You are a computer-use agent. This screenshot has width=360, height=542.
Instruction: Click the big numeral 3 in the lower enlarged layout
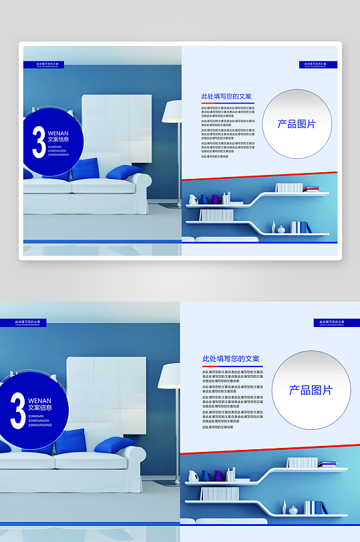click(17, 410)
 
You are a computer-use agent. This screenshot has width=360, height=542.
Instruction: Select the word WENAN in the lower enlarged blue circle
click(39, 400)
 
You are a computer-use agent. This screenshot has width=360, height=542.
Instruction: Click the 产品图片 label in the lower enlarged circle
click(311, 390)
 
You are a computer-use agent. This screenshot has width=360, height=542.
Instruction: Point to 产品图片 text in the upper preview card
click(297, 124)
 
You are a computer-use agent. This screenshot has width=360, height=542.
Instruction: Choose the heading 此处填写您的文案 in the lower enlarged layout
click(231, 359)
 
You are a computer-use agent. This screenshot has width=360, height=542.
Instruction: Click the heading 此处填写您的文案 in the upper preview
click(226, 97)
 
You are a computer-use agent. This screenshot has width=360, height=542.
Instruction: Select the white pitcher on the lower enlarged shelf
click(192, 476)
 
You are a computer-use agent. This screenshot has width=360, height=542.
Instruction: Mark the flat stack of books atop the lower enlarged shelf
click(328, 464)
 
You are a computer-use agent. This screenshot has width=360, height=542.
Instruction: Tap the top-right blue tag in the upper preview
click(318, 65)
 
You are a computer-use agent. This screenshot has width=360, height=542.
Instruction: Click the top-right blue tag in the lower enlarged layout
click(337, 322)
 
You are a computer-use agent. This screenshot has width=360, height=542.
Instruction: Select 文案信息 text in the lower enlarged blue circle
click(39, 407)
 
